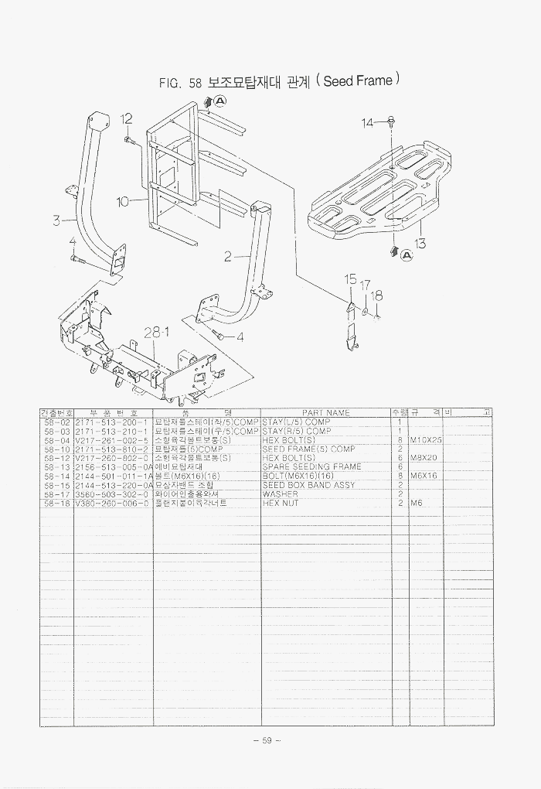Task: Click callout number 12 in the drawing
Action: (x=127, y=119)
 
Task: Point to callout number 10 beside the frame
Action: (x=122, y=202)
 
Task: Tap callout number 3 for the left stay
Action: (x=56, y=220)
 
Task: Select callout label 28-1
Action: (x=156, y=333)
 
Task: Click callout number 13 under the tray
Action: (x=420, y=244)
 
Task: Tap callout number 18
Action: (x=377, y=295)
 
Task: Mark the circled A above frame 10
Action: (x=219, y=101)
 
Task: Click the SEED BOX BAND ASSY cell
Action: (x=308, y=485)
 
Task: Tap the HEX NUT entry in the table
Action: (x=281, y=504)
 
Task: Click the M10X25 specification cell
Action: (x=426, y=439)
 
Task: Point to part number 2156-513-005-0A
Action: (x=113, y=467)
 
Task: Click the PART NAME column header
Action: (x=325, y=413)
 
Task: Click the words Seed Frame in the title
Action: (x=358, y=80)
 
